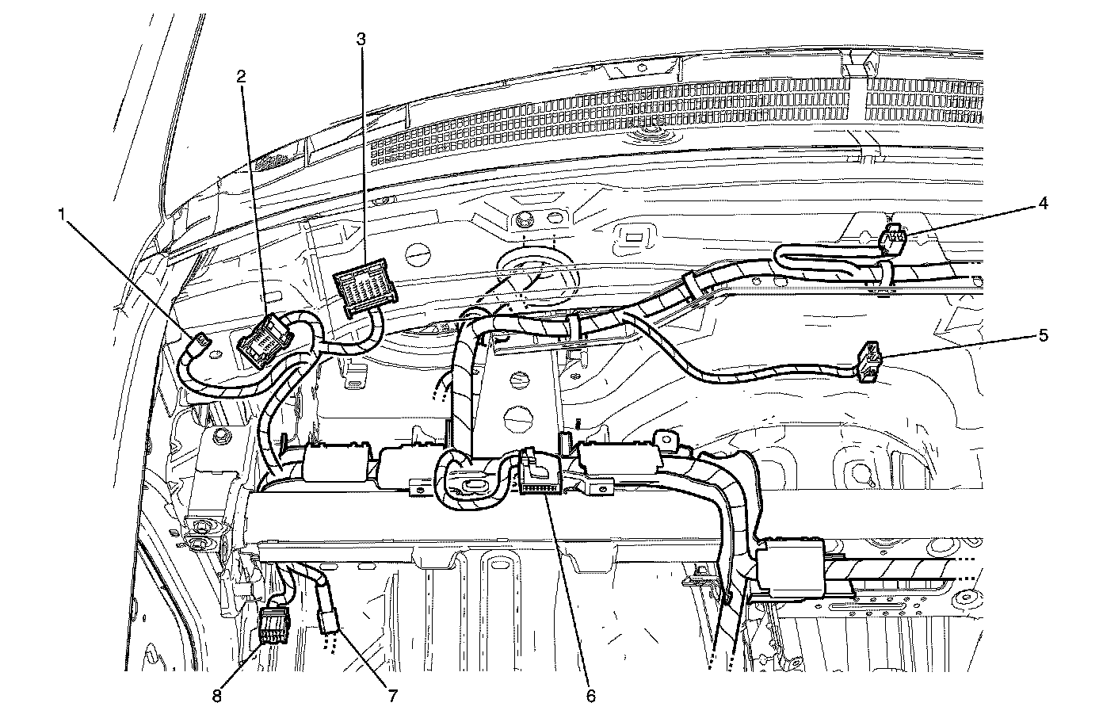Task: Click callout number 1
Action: [x=62, y=214]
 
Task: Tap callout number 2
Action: [x=241, y=76]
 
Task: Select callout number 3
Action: [x=361, y=37]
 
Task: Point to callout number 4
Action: [x=1044, y=204]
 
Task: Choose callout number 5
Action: [x=1044, y=335]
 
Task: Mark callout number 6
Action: [x=590, y=695]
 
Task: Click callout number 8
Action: [x=216, y=695]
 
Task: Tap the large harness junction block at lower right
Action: [x=789, y=567]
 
